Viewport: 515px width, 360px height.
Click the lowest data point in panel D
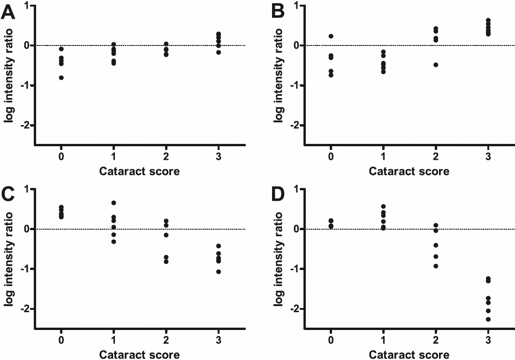tap(488, 319)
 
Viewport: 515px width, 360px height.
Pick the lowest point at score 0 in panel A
tap(61, 78)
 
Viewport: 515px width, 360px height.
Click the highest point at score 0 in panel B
tap(331, 36)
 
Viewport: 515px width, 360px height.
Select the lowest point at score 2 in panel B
tap(436, 65)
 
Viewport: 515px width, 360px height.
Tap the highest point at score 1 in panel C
tap(114, 203)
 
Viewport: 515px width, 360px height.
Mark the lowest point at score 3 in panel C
tap(219, 271)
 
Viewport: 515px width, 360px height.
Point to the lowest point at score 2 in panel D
tap(436, 266)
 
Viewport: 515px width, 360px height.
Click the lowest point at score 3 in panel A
tap(219, 52)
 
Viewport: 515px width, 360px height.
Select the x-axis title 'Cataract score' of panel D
tap(409, 354)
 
